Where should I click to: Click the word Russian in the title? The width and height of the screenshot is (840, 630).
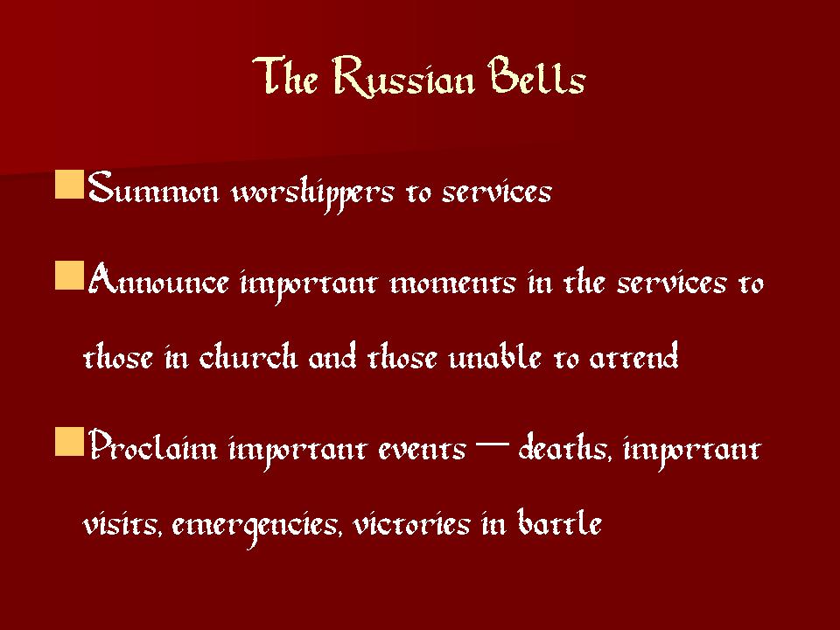[x=403, y=78]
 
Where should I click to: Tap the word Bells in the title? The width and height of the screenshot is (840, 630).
[x=536, y=76]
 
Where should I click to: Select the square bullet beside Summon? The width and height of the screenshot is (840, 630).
[x=70, y=185]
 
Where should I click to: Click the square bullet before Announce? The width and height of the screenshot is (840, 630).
[x=70, y=276]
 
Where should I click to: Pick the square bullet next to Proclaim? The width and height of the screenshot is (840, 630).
[x=70, y=441]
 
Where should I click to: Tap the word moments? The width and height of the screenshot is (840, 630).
[x=452, y=283]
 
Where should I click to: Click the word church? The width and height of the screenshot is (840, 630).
[x=248, y=354]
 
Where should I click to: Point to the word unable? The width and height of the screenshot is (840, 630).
[x=494, y=354]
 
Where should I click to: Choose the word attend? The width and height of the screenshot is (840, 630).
[x=633, y=354]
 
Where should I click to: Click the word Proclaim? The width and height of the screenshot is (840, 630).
[x=152, y=445]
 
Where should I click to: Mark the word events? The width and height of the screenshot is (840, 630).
[x=422, y=449]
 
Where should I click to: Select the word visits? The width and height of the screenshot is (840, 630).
[x=122, y=522]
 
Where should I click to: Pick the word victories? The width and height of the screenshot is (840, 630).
[x=411, y=522]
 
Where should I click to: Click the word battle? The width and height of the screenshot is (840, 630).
[x=559, y=521]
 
